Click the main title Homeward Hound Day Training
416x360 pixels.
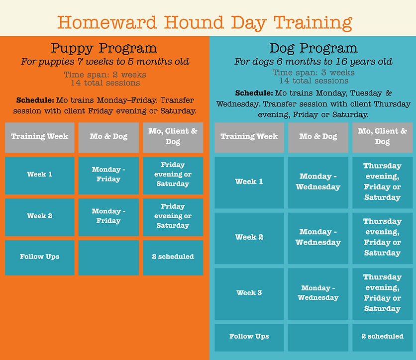tap(205, 22)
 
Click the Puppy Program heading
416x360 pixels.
tap(104, 48)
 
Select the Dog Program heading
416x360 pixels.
tap(313, 48)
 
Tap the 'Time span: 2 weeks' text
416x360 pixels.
tap(104, 75)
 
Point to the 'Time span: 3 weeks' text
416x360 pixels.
tap(313, 73)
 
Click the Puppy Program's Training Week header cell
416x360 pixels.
tap(40, 137)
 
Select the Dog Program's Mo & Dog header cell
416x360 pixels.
tap(318, 137)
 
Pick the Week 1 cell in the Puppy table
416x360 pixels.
tap(40, 175)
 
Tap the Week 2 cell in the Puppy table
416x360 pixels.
tap(40, 216)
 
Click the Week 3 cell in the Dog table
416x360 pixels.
tap(249, 293)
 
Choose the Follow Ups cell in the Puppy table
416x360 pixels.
tap(40, 257)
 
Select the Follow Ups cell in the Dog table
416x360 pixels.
tap(249, 337)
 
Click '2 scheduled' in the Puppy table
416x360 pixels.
tap(173, 257)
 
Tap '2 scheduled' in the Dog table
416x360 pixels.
tap(382, 337)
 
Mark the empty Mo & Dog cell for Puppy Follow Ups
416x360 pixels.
tap(108, 258)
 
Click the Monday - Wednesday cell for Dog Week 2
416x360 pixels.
tap(318, 237)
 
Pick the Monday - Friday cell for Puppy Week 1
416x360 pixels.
tap(108, 175)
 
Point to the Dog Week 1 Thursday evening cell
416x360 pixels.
tap(382, 181)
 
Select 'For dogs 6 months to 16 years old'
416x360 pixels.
tap(313, 62)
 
